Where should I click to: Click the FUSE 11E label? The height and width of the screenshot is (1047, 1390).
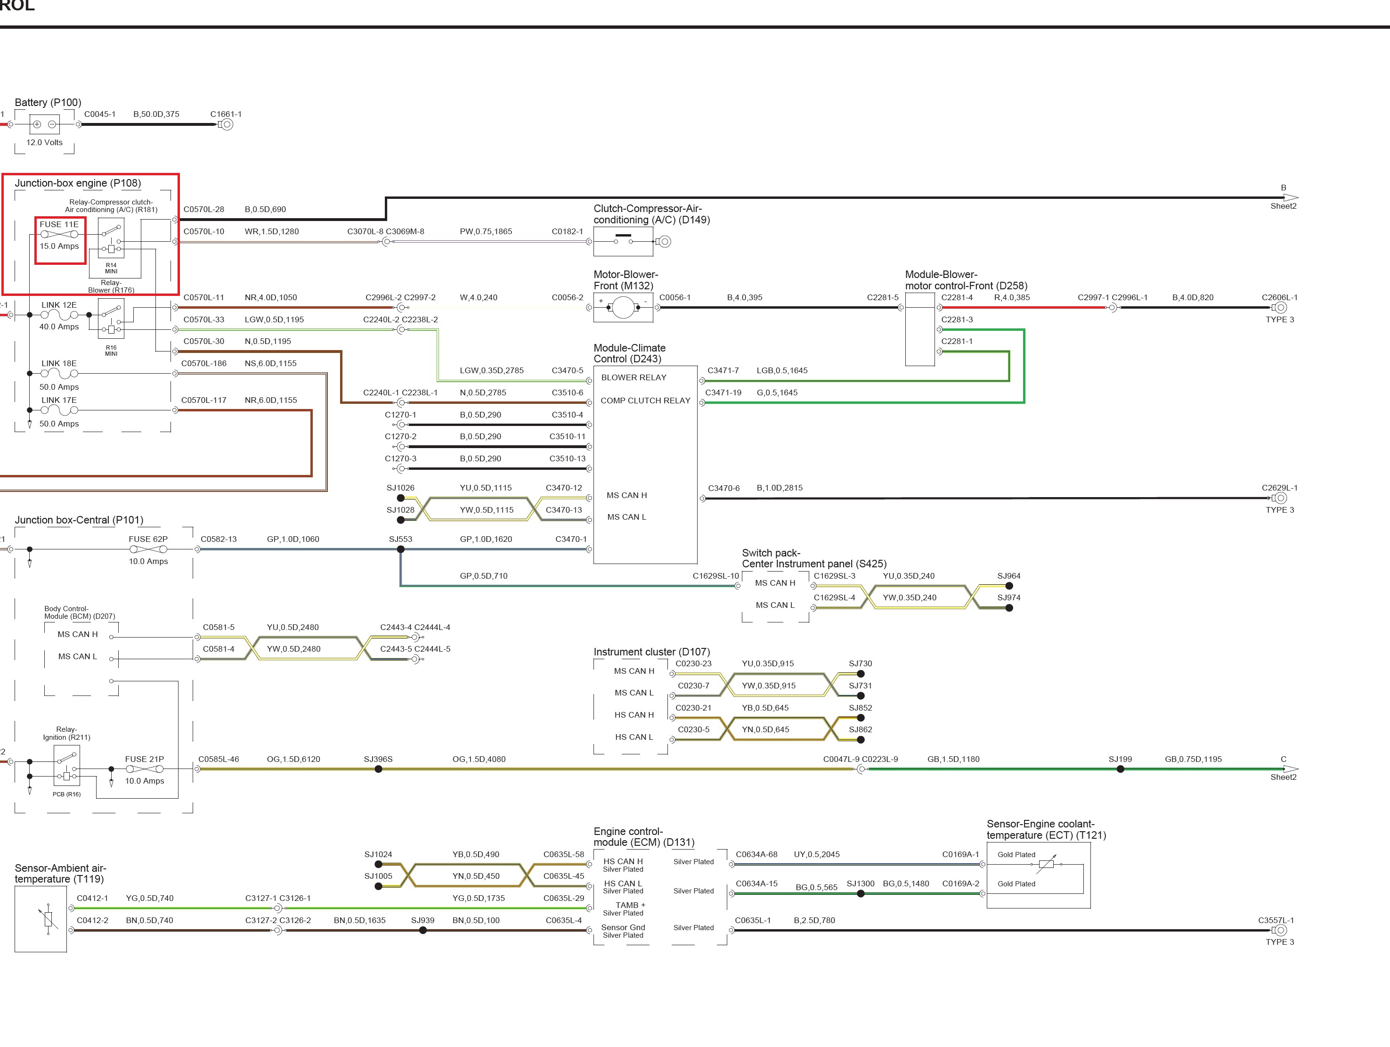pyautogui.click(x=59, y=224)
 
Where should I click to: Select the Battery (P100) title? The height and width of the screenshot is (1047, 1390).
pyautogui.click(x=48, y=102)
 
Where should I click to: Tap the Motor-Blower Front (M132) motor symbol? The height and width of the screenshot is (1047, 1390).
pyautogui.click(x=623, y=307)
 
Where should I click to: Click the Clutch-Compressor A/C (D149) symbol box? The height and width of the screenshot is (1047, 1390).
pyautogui.click(x=623, y=241)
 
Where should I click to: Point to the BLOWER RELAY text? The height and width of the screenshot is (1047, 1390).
pyautogui.click(x=634, y=378)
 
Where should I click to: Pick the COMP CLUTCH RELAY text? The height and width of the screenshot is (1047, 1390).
pyautogui.click(x=645, y=401)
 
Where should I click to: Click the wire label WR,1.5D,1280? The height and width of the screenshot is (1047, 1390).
pyautogui.click(x=271, y=231)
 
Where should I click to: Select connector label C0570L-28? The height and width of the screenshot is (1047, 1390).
pyautogui.click(x=203, y=209)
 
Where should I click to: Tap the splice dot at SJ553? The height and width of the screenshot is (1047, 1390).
pyautogui.click(x=401, y=549)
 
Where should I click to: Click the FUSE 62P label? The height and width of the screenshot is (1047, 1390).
pyautogui.click(x=148, y=539)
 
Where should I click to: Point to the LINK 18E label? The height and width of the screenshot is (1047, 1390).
pyautogui.click(x=59, y=363)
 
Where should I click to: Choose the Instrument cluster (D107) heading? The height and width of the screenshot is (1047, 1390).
pyautogui.click(x=651, y=652)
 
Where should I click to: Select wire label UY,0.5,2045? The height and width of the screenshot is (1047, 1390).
pyautogui.click(x=816, y=854)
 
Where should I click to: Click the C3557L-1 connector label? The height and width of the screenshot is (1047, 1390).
pyautogui.click(x=1276, y=920)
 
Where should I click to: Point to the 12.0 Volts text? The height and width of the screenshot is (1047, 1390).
pyautogui.click(x=45, y=143)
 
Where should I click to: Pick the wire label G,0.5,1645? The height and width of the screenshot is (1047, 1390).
pyautogui.click(x=777, y=393)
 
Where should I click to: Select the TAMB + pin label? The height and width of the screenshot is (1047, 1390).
pyautogui.click(x=630, y=905)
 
